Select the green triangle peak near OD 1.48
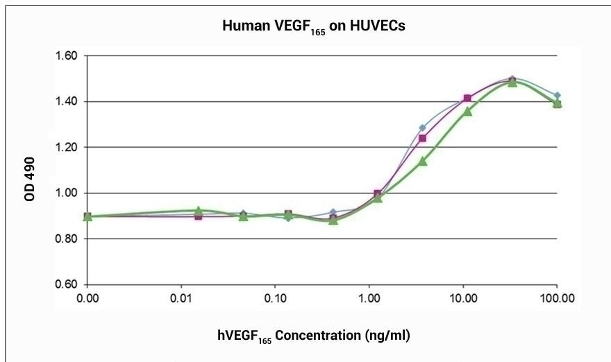coord(512,82)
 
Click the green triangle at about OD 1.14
coord(422,161)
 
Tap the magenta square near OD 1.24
coord(422,138)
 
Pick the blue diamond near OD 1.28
coord(422,128)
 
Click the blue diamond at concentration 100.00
coord(557,95)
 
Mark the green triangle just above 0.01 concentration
coord(198,210)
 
